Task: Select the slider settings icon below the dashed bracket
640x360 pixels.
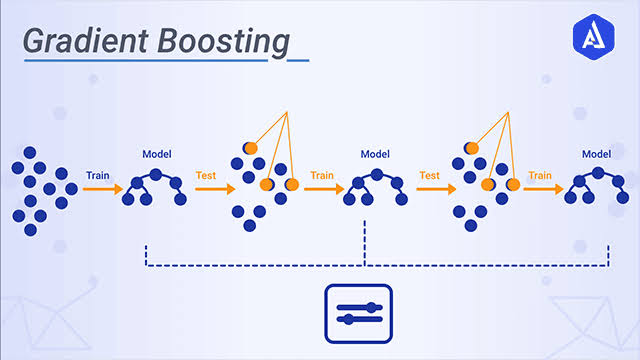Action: [359, 312]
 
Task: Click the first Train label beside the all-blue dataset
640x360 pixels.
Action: [98, 174]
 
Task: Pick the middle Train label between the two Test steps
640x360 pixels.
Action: [321, 174]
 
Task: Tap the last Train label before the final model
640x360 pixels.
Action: [541, 174]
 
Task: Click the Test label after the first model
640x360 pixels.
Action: [207, 174]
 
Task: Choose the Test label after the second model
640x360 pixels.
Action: [430, 174]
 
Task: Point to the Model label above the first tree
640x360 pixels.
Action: [157, 154]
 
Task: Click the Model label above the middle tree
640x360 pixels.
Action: [376, 154]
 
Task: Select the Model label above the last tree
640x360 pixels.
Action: [597, 154]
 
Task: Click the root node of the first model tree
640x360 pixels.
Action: [155, 171]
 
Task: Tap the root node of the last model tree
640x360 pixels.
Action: [597, 171]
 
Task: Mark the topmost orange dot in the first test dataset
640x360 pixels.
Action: [250, 148]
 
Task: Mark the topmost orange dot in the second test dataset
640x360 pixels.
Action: [472, 148]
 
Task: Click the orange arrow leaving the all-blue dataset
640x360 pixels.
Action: [100, 187]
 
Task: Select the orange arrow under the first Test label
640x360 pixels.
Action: [210, 187]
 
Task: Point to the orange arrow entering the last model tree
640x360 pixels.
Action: [543, 187]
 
